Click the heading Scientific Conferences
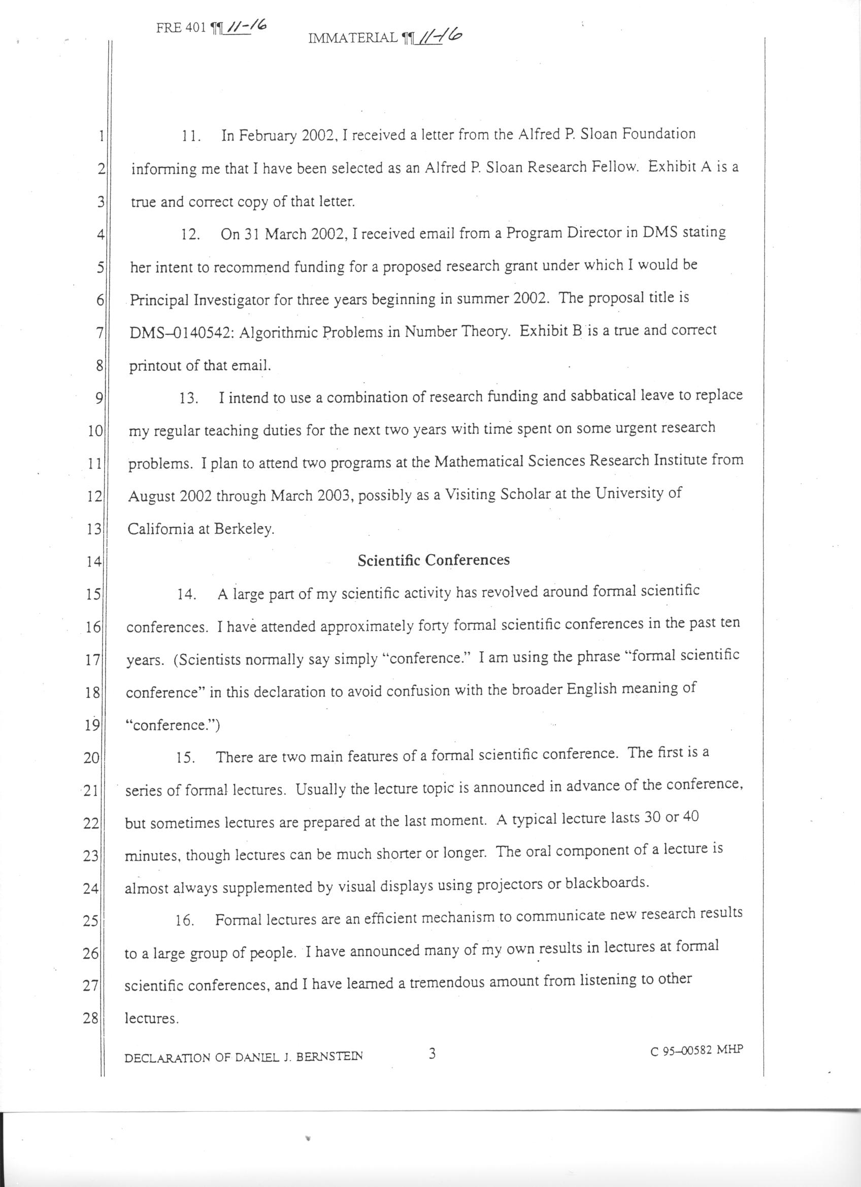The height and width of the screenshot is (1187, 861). click(434, 560)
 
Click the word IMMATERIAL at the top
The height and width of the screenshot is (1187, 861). click(353, 38)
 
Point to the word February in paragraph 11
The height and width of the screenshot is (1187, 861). click(267, 137)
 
